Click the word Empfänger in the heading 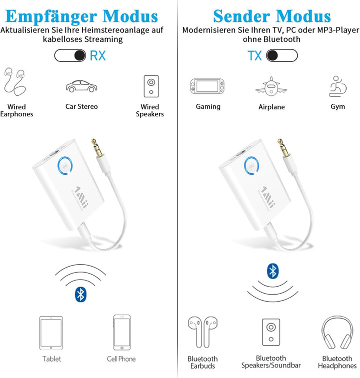50,17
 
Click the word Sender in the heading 241,16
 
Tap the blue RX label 98,56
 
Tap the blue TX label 254,56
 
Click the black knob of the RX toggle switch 79,56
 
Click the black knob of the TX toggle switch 272,56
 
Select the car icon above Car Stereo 81,86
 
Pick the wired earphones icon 14,81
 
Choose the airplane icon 271,86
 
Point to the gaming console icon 207,86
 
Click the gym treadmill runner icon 337,86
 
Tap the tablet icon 51,333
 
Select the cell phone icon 122,333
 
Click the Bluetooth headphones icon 337,332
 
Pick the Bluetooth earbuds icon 202,332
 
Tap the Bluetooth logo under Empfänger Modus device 80,294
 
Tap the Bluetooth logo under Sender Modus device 273,271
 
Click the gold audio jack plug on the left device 96,147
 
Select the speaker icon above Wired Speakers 151,86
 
